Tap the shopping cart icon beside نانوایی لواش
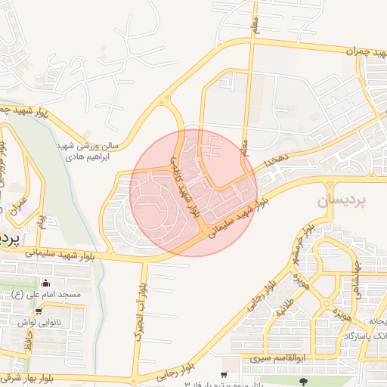38,311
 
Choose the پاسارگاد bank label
363,334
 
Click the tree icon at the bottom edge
304,382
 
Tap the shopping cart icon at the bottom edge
223,375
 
